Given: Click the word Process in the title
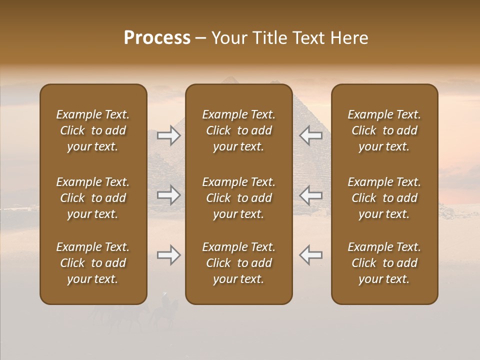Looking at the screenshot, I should pos(157,38).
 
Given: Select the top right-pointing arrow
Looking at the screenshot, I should pos(169,135).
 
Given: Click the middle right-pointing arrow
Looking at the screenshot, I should pos(169,195).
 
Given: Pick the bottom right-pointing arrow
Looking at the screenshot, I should pos(169,255).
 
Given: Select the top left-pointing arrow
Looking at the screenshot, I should pos(310,135).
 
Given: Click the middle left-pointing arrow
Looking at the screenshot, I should pos(310,195).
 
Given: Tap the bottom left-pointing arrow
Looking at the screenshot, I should pos(310,255).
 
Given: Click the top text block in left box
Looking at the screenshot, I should pos(93,130).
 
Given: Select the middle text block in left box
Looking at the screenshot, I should pos(93,198).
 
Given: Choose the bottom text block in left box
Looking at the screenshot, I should pos(93,263).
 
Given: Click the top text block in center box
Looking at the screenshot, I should pos(238,130).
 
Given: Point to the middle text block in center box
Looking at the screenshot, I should pos(238,198).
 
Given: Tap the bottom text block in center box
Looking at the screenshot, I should pos(238,263).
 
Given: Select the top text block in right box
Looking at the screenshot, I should pos(384,130).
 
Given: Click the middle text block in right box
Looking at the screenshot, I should pos(384,198).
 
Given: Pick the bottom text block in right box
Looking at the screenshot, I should pos(384,263).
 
